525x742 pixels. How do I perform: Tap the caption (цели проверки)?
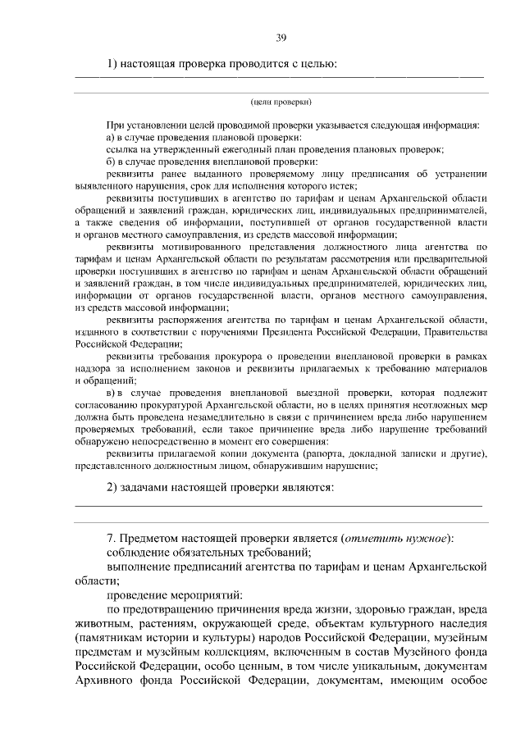pyautogui.click(x=281, y=102)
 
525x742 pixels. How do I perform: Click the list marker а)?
pyautogui.click(x=112, y=138)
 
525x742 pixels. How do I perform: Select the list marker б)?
pyautogui.click(x=112, y=162)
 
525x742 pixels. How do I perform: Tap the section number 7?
pyautogui.click(x=112, y=538)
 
